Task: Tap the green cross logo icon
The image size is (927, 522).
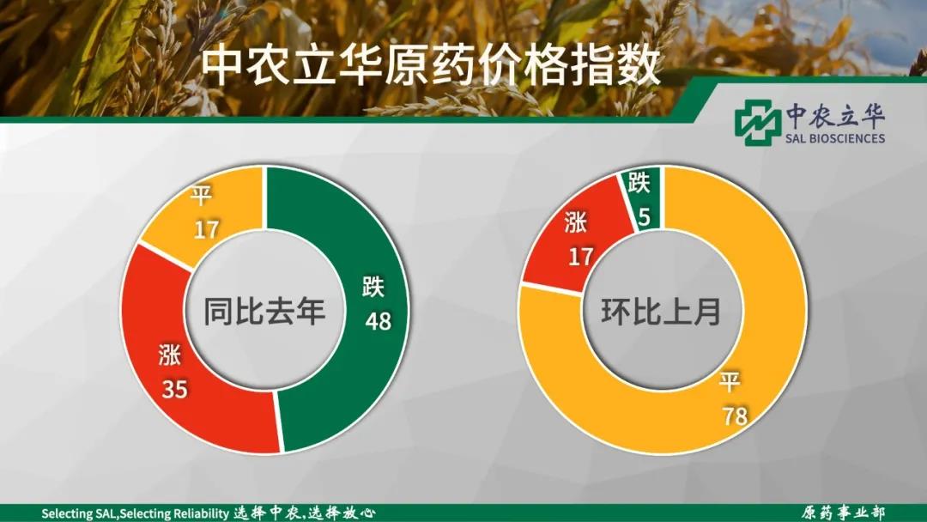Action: tap(757, 123)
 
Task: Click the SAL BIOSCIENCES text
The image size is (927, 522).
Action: tap(835, 138)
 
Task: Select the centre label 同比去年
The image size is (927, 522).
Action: tap(264, 311)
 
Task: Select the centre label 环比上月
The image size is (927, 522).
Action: tap(661, 311)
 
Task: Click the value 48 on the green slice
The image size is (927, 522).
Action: tap(378, 321)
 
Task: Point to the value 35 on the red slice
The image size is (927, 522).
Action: tap(174, 389)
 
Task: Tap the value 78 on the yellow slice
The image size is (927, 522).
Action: tap(735, 416)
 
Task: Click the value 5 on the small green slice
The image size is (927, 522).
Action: tap(645, 217)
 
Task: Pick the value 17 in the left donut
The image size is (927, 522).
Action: tap(206, 229)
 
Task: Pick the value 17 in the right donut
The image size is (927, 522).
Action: tap(580, 257)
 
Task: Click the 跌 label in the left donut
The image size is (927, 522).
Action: tap(373, 287)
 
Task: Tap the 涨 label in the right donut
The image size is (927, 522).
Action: tap(575, 223)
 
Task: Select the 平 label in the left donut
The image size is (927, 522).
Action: tap(201, 195)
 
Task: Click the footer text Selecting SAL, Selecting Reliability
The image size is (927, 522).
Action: tap(136, 513)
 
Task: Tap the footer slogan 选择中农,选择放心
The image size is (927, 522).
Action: tap(305, 513)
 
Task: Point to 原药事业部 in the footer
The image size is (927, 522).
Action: tap(844, 513)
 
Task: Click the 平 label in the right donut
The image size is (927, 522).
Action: tap(730, 382)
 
